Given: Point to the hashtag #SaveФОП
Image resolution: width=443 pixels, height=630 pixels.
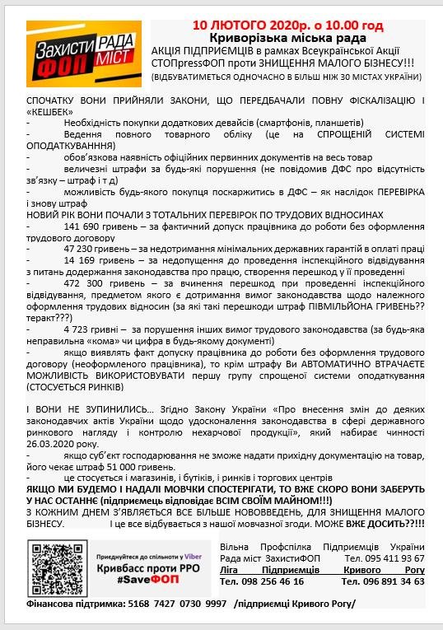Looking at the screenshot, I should coord(138,581).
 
